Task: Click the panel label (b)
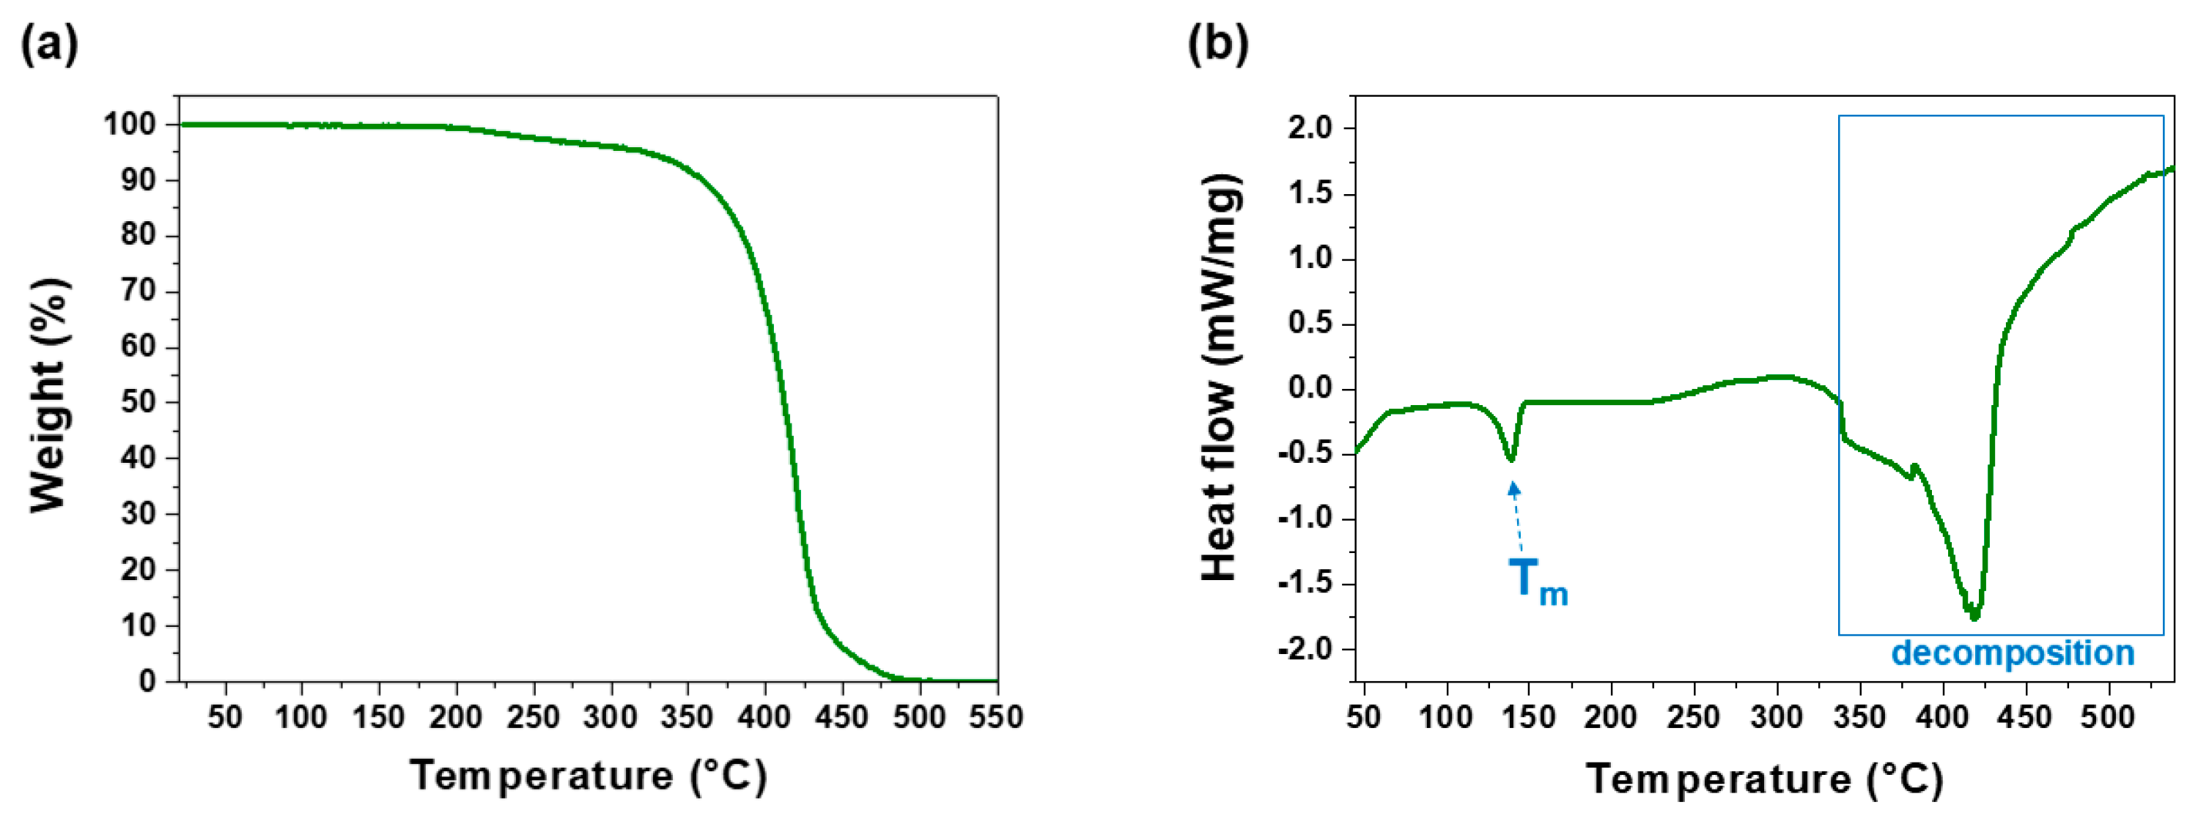click(x=1217, y=45)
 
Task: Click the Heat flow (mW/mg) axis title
click(x=1220, y=378)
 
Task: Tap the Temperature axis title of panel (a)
click(x=588, y=776)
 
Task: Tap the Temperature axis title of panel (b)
click(x=1763, y=779)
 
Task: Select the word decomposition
click(x=2012, y=653)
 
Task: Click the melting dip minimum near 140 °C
click(x=1511, y=459)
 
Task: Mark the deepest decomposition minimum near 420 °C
click(x=1974, y=616)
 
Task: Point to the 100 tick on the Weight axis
click(x=130, y=125)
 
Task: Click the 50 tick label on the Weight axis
click(x=139, y=403)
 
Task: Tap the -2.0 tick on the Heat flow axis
click(x=1305, y=650)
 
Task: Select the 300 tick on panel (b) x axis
click(x=1777, y=716)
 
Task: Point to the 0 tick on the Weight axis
click(x=147, y=680)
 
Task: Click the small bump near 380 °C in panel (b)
click(x=1914, y=467)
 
